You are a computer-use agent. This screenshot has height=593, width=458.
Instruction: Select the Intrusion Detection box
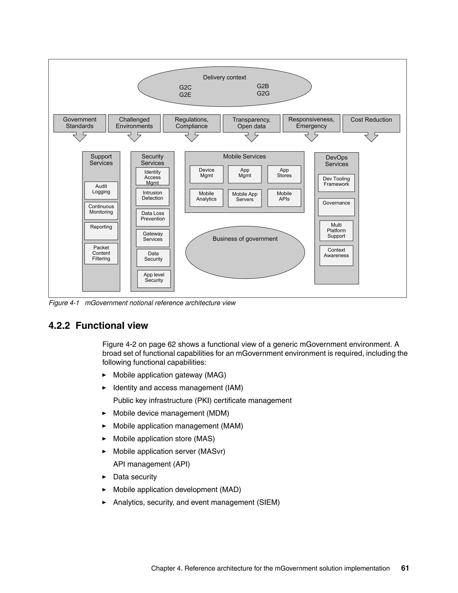tap(152, 197)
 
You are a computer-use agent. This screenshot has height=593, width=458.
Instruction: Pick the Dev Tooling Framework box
tap(336, 183)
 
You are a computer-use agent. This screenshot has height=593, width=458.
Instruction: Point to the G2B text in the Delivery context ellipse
tap(263, 86)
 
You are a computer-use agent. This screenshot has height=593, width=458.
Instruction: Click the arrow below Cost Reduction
tap(371, 137)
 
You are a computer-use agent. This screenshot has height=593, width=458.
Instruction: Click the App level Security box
tap(154, 279)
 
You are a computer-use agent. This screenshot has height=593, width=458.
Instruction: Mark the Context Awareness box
tap(336, 255)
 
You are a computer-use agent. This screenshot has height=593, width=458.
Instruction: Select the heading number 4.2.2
tap(59, 326)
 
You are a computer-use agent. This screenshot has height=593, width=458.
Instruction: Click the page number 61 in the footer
tap(405, 568)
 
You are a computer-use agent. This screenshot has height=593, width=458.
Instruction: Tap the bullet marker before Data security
tap(104, 477)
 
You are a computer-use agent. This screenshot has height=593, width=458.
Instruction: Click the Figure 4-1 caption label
tap(64, 303)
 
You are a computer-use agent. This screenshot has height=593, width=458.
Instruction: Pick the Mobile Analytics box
tap(206, 198)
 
